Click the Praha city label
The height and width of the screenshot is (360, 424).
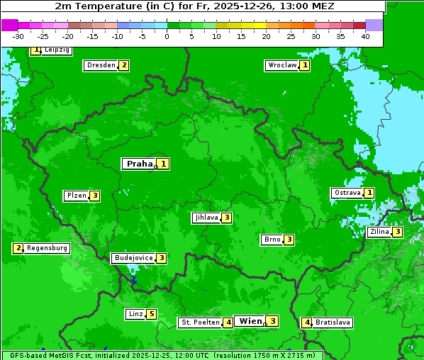[139, 164]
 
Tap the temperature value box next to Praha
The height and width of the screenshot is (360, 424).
[164, 164]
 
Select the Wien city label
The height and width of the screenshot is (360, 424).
[250, 321]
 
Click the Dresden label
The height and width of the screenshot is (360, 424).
[101, 65]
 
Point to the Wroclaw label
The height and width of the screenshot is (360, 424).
[281, 65]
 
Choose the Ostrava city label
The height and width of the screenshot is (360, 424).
[347, 193]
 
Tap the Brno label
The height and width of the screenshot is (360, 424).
[272, 240]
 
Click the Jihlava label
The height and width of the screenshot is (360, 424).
[206, 218]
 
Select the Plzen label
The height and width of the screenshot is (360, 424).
[76, 196]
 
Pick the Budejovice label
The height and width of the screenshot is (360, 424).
[133, 258]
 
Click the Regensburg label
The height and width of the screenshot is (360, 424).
[48, 248]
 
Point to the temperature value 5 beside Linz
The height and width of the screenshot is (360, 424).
[151, 314]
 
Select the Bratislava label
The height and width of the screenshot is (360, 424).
[333, 322]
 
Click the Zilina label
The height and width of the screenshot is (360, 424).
[379, 232]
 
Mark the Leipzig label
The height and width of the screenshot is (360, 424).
[57, 50]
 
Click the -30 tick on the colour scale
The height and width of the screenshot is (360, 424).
[18, 36]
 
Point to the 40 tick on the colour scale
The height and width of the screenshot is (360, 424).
[365, 36]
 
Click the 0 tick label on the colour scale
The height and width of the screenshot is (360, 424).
[167, 36]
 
